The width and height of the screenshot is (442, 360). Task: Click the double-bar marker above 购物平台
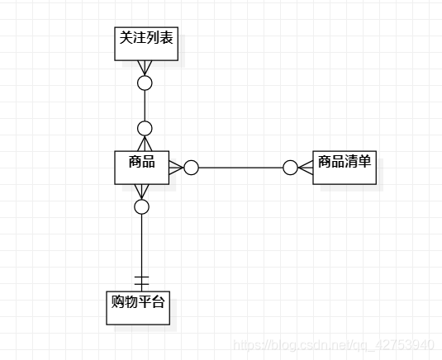(x=141, y=281)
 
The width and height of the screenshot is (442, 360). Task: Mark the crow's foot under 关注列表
(x=145, y=68)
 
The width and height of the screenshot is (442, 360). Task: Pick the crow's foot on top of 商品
(x=145, y=144)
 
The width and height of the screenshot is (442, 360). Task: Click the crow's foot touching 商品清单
(x=306, y=168)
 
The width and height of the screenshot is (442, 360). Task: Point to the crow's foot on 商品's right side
(x=177, y=168)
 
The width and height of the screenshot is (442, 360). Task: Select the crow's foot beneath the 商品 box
(x=141, y=192)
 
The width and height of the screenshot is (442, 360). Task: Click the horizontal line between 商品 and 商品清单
(x=240, y=168)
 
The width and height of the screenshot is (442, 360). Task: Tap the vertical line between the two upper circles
(x=145, y=106)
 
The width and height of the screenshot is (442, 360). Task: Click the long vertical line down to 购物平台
(x=141, y=253)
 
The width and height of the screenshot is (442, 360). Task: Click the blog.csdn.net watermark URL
(x=334, y=345)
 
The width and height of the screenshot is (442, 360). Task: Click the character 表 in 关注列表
(x=166, y=38)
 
